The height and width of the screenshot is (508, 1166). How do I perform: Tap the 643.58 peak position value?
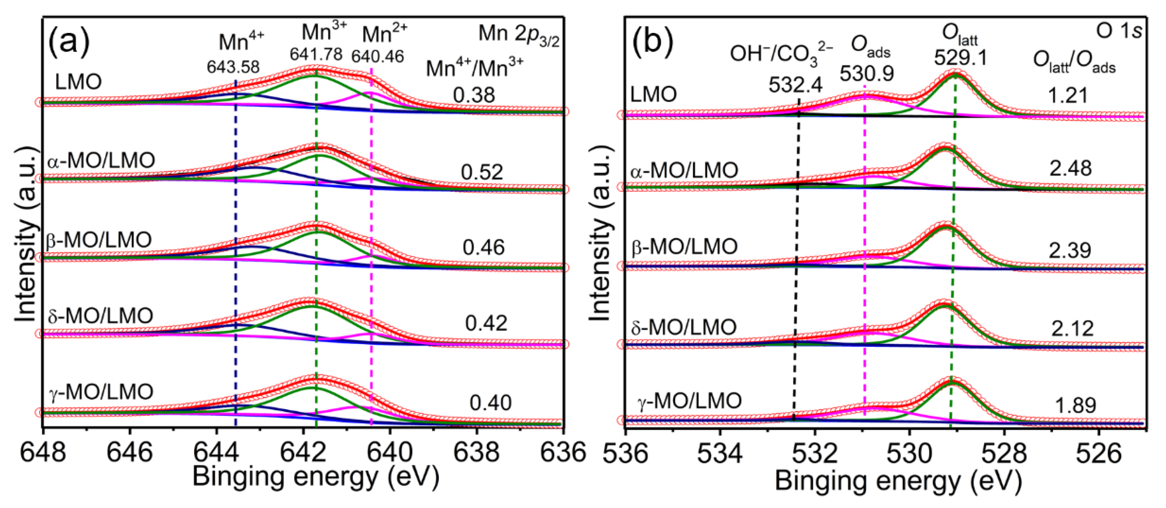[x=233, y=67]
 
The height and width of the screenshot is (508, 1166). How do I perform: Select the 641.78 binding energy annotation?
[x=316, y=54]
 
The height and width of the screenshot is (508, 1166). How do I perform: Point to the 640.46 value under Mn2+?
[x=377, y=57]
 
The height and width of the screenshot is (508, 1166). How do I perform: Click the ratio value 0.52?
[x=481, y=172]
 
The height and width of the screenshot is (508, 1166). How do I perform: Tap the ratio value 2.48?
[x=1070, y=169]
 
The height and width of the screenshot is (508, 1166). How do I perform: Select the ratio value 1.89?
[x=1075, y=405]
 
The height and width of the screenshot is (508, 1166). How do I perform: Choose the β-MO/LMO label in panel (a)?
[x=99, y=240]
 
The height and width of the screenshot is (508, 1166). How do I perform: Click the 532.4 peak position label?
[x=795, y=85]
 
